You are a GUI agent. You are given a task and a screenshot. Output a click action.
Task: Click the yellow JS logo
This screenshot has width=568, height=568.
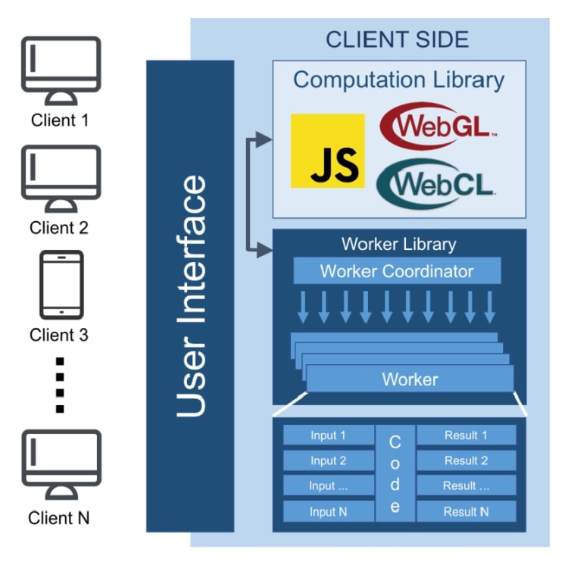pyautogui.click(x=327, y=151)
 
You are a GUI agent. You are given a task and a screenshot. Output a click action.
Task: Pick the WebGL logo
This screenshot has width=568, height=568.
pyautogui.click(x=438, y=125)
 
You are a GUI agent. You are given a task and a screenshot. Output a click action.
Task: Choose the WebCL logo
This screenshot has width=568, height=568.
pyautogui.click(x=435, y=183)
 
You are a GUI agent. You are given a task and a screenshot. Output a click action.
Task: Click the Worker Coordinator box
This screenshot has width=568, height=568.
pyautogui.click(x=396, y=271)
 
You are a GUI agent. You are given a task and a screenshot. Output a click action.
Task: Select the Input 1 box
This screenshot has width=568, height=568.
pyautogui.click(x=329, y=435)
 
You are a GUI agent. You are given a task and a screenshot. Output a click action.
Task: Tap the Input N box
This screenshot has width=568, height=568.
pyautogui.click(x=329, y=511)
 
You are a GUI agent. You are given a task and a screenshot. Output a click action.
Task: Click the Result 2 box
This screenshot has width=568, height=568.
pyautogui.click(x=466, y=460)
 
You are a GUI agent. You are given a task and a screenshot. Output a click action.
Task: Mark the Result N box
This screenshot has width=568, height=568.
pyautogui.click(x=466, y=511)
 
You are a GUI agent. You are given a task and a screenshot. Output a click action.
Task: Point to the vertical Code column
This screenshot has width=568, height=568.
pyautogui.click(x=395, y=473)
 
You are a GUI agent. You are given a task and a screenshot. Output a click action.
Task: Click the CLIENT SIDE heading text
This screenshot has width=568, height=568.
pyautogui.click(x=397, y=39)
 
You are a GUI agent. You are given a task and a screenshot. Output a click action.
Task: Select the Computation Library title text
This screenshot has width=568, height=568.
pyautogui.click(x=398, y=80)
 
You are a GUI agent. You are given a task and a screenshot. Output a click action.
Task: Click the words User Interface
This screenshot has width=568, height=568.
pyautogui.click(x=190, y=295)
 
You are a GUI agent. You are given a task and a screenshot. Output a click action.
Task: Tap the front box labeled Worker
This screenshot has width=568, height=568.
pyautogui.click(x=410, y=379)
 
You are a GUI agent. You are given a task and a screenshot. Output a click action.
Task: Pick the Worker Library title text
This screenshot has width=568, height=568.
pyautogui.click(x=398, y=244)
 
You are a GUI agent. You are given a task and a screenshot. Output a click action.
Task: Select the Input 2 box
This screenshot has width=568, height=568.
pyautogui.click(x=329, y=460)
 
